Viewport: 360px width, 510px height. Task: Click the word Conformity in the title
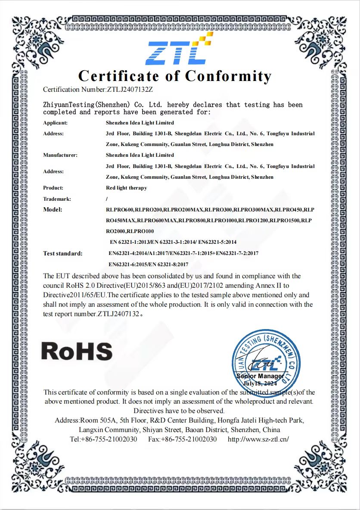coord(228,76)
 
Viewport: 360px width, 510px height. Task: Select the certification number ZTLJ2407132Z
coord(129,90)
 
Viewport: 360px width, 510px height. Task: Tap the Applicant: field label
coord(56,123)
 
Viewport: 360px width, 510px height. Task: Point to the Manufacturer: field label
coord(60,155)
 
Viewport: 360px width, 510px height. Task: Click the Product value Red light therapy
coord(126,188)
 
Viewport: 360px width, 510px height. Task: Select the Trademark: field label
coord(57,199)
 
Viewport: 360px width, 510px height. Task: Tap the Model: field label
coord(53,210)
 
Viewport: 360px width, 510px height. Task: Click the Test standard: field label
coord(63,253)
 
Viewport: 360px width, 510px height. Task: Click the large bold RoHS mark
coord(77,351)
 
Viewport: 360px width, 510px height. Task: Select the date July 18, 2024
coord(260,383)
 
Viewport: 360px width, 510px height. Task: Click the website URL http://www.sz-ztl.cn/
coord(258,439)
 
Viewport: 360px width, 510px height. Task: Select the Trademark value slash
coord(107,199)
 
